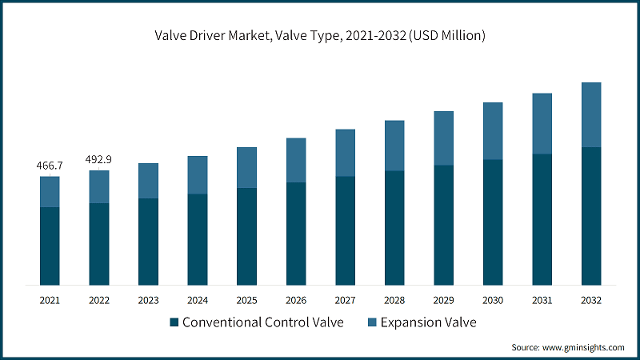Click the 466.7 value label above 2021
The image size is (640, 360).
tap(50, 166)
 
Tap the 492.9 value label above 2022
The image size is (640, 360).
tap(98, 160)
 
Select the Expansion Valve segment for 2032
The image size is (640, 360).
tap(591, 114)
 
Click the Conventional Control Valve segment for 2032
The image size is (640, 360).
tap(591, 216)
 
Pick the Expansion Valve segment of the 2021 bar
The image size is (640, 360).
tap(50, 192)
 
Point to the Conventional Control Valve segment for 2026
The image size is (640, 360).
tap(296, 234)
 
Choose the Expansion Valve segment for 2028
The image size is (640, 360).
tap(394, 146)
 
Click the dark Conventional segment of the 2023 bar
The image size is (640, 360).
tap(148, 242)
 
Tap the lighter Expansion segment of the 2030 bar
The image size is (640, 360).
tap(493, 131)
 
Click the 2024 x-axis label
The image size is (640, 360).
tap(198, 300)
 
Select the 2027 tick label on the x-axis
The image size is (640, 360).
tap(345, 300)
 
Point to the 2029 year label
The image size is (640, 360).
tap(444, 300)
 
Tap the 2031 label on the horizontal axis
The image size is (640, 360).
tap(542, 300)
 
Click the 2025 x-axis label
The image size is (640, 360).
tap(246, 300)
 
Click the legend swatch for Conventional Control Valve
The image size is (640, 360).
tap(174, 322)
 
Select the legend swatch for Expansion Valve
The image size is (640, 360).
tap(372, 322)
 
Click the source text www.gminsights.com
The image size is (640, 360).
tap(584, 347)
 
